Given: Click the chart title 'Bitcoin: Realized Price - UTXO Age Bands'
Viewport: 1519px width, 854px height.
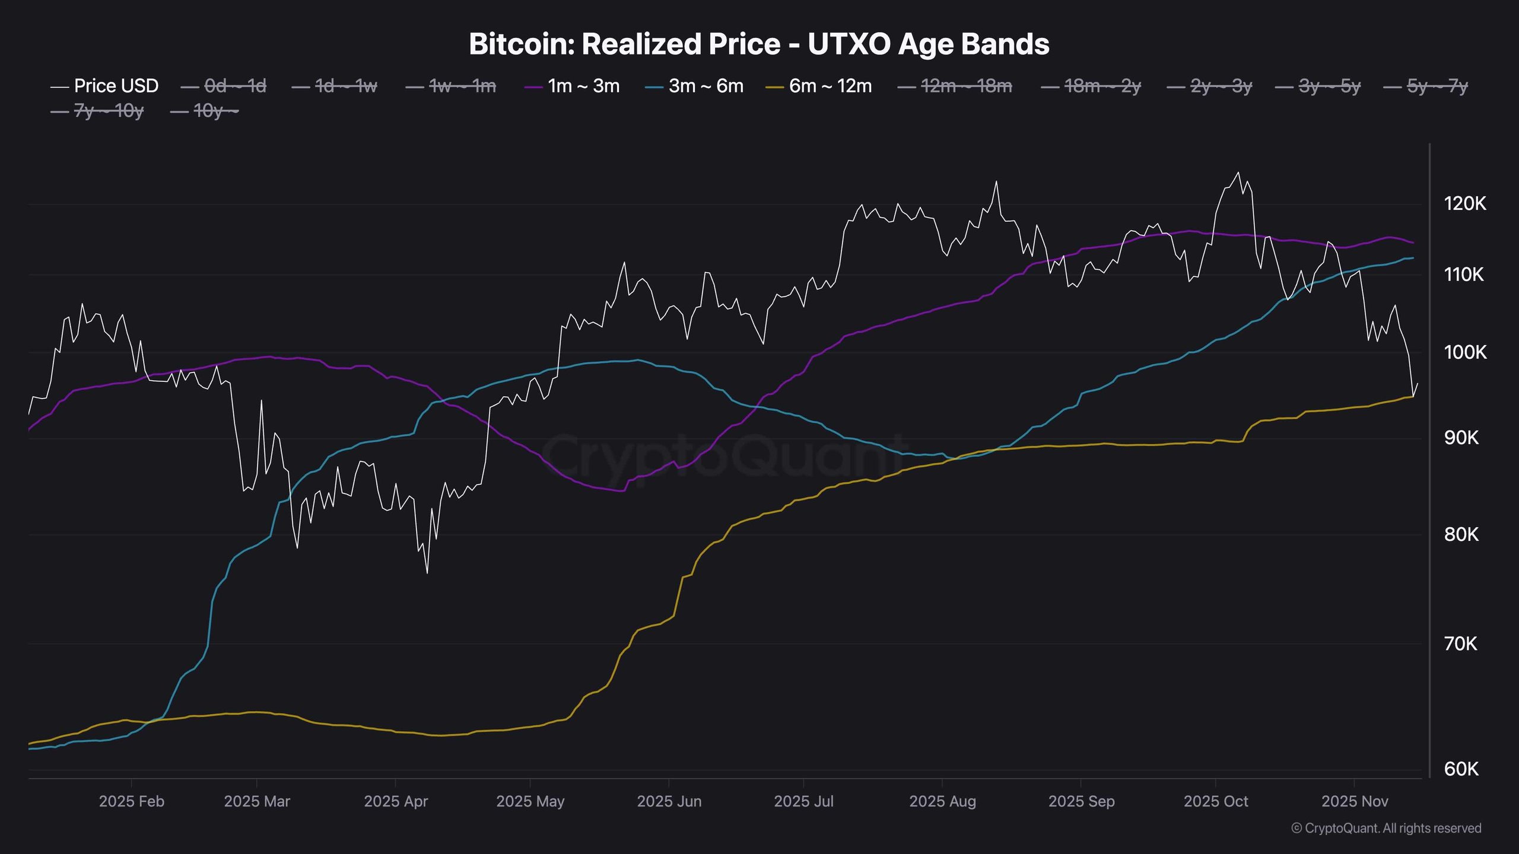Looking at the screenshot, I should tap(759, 44).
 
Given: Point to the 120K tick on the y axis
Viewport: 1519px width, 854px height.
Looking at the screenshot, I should tap(1464, 204).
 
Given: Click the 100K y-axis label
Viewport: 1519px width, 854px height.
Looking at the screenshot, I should tap(1464, 352).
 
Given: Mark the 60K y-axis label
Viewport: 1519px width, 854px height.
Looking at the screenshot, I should tap(1461, 769).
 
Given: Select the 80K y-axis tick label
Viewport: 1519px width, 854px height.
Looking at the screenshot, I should tap(1461, 535).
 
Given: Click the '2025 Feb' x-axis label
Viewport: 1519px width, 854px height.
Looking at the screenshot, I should tap(131, 802).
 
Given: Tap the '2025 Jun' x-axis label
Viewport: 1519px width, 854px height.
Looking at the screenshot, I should tap(669, 802).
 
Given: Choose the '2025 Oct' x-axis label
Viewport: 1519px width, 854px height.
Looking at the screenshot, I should tap(1216, 802).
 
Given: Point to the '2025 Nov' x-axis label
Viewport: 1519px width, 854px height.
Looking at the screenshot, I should tap(1354, 802).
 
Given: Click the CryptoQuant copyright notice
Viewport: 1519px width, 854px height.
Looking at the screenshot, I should tap(1386, 828).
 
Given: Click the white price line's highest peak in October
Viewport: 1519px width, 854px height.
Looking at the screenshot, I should tap(1238, 173).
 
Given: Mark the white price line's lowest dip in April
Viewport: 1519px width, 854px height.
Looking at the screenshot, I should tap(427, 573).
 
